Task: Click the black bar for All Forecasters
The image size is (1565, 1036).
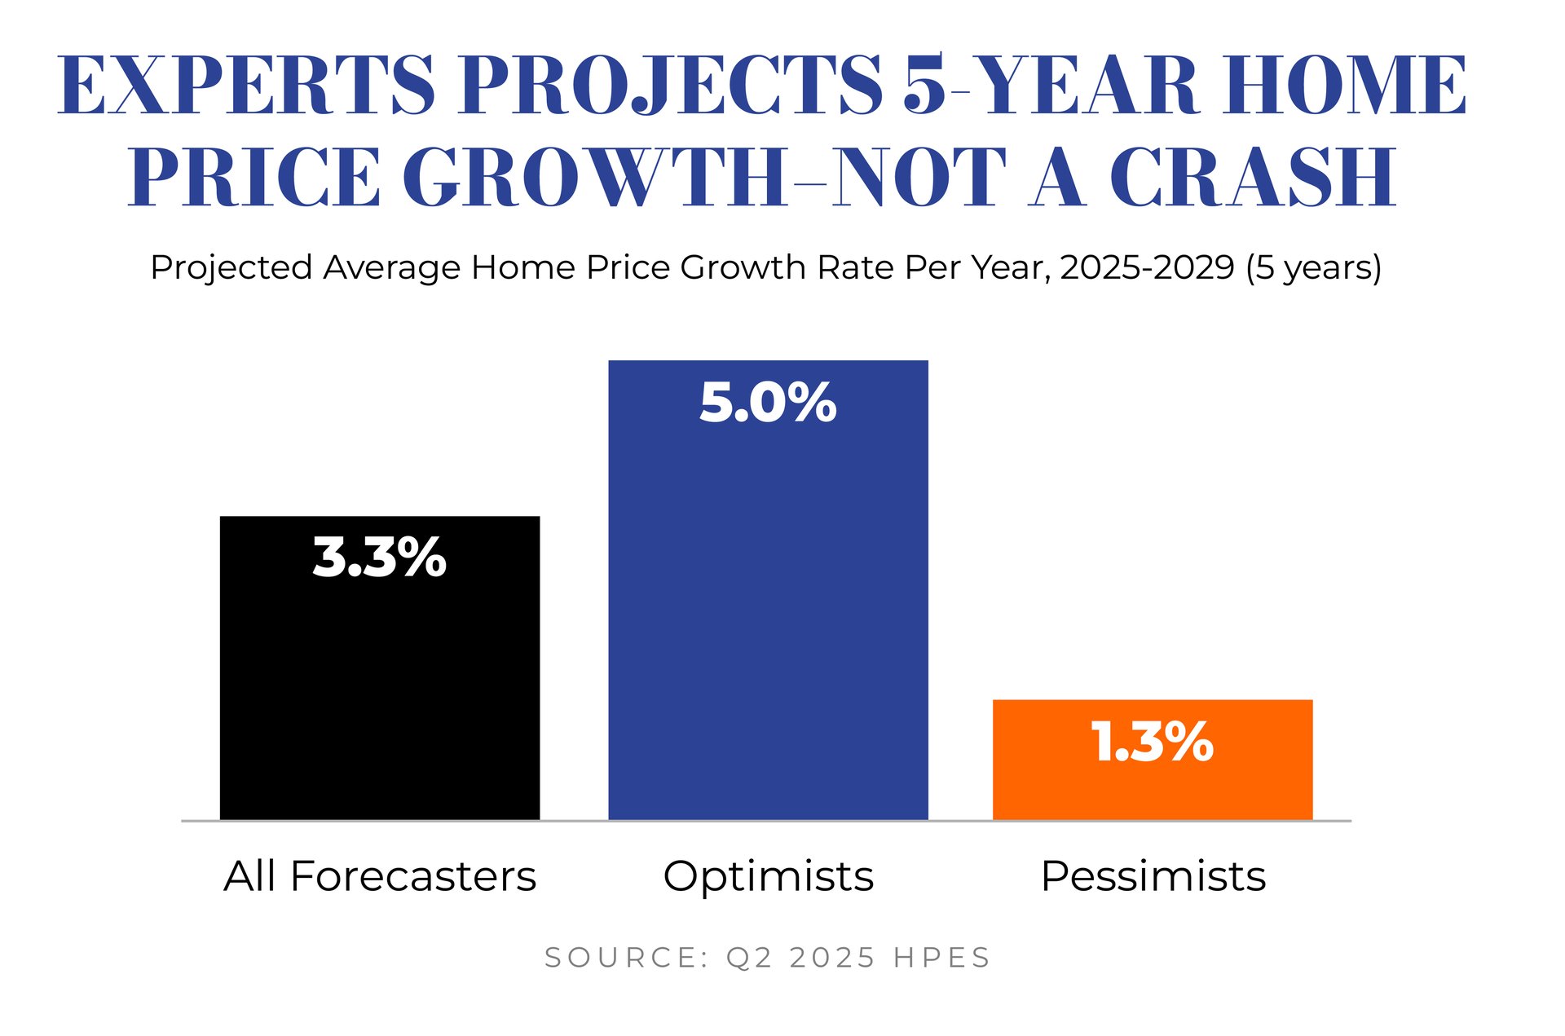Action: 380,668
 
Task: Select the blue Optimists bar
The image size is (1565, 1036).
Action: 768,590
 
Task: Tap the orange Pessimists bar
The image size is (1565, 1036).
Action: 1153,760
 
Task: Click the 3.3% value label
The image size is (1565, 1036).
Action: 380,558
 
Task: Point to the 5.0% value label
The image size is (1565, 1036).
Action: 768,402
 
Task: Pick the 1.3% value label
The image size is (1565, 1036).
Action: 1153,742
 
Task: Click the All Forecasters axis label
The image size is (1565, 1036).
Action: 380,876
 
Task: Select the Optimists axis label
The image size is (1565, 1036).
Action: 769,877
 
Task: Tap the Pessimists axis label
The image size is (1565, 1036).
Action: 1153,876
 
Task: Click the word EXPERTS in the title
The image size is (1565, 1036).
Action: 246,85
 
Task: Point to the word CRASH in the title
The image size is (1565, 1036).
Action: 1253,177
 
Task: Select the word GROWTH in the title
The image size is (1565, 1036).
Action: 595,177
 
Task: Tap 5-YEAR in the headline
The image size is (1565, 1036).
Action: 1051,85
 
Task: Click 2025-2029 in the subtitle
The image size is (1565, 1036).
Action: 1147,267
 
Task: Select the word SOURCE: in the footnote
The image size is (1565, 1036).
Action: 627,957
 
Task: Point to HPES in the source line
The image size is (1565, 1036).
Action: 941,957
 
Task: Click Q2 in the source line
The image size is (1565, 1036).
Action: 749,958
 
